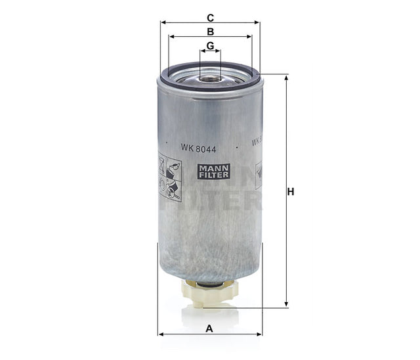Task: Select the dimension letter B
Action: point(210,31)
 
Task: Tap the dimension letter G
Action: point(210,45)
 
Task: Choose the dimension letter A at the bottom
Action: point(210,328)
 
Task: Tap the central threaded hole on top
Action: point(210,78)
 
